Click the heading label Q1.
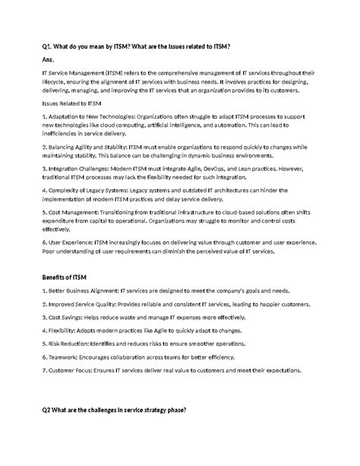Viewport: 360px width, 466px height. (x=46, y=46)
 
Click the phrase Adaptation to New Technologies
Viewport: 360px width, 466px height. (x=84, y=116)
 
